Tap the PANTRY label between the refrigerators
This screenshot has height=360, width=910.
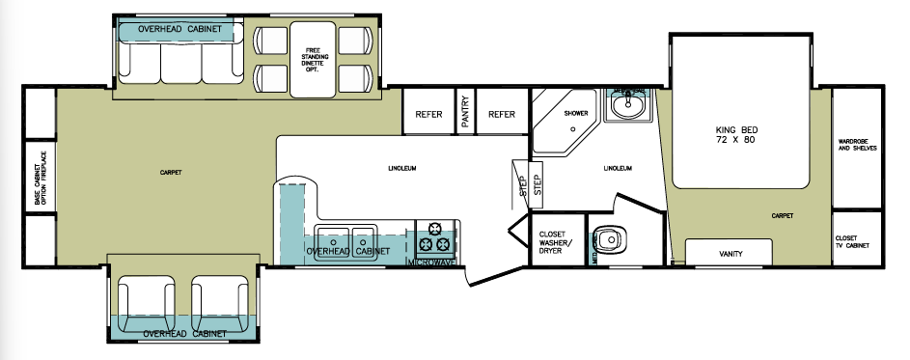pos(465,114)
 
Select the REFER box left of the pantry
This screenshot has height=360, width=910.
pos(428,115)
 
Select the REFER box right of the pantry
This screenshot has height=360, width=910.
pos(502,115)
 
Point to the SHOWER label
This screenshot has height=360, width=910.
pos(576,114)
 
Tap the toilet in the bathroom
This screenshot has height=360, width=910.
pos(609,239)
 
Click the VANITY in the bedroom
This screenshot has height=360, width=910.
pos(730,254)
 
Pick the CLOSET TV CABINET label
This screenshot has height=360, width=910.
pos(852,241)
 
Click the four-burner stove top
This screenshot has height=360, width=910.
pos(436,236)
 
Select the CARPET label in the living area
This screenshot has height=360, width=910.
pos(171,173)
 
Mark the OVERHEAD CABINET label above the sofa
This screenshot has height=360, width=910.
pos(186,30)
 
